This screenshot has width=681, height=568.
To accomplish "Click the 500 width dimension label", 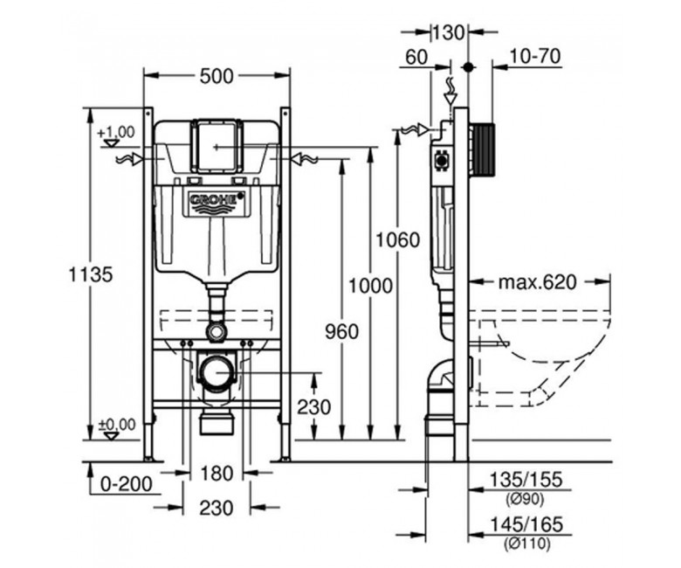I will pos(217,77).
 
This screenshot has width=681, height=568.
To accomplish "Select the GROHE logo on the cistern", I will pos(214,200).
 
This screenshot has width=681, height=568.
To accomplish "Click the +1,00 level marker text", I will pos(116,132).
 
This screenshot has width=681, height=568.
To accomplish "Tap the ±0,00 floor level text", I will pos(116,425).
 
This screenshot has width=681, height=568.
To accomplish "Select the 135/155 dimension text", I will pos(526,478).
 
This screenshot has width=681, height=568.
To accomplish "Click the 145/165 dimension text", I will pos(526,523).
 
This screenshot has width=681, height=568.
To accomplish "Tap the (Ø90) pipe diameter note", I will pos(526,499).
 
